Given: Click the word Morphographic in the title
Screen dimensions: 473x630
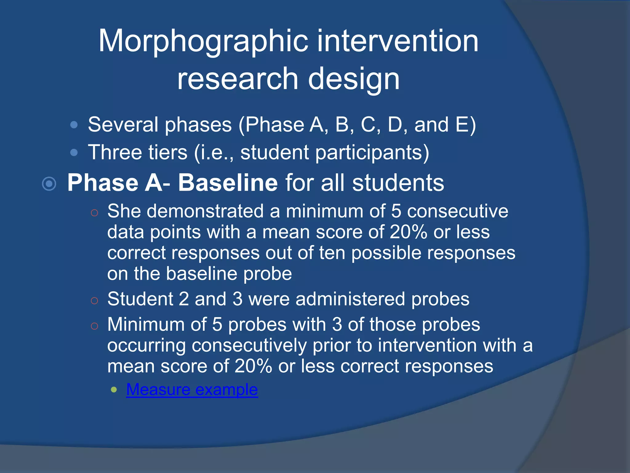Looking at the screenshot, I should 203,42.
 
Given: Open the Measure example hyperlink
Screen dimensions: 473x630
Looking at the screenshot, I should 192,390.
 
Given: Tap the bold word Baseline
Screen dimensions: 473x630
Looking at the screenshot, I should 228,183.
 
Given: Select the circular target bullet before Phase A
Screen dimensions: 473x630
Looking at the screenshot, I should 49,184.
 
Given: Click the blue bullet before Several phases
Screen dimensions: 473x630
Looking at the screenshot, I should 74,125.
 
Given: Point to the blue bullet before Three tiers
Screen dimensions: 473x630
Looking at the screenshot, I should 74,153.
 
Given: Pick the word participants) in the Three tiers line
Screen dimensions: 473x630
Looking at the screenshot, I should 372,153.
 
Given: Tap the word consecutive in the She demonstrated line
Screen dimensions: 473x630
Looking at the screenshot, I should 457,211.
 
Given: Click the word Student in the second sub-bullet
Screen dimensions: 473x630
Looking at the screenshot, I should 140,299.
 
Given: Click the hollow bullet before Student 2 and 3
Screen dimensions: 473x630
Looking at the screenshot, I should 94,300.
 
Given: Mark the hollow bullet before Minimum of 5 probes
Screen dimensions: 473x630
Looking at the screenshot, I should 94,326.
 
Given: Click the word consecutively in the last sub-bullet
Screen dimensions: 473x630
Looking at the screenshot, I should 249,345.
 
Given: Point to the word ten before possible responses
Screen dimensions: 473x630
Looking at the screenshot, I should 332,253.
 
